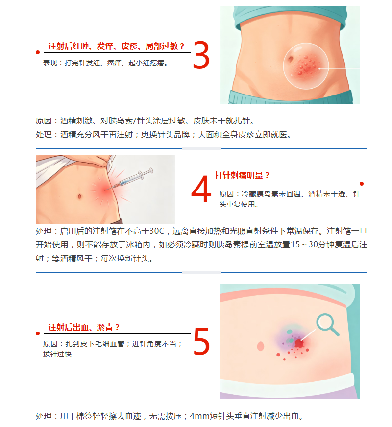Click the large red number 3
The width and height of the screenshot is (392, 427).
(x=201, y=54)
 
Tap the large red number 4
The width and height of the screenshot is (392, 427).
(x=201, y=189)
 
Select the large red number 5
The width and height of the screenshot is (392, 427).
(x=201, y=341)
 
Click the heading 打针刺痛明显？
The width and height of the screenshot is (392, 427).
(x=242, y=175)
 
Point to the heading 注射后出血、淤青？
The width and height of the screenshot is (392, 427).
(x=84, y=327)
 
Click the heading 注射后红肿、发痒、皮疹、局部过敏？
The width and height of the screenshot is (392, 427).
(x=116, y=46)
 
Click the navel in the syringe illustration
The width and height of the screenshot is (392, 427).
(x=79, y=196)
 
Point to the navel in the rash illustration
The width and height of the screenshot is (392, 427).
(x=291, y=59)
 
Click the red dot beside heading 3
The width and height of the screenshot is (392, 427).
(x=38, y=52)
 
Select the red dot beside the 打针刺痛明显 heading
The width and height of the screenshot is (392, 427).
(x=362, y=184)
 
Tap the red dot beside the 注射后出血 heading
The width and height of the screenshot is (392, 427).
(x=38, y=333)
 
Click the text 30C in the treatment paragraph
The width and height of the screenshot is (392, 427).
(x=157, y=231)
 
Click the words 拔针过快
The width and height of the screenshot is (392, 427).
(x=57, y=354)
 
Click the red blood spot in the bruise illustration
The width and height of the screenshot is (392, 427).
(x=299, y=343)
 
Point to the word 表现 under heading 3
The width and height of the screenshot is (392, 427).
(x=50, y=63)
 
